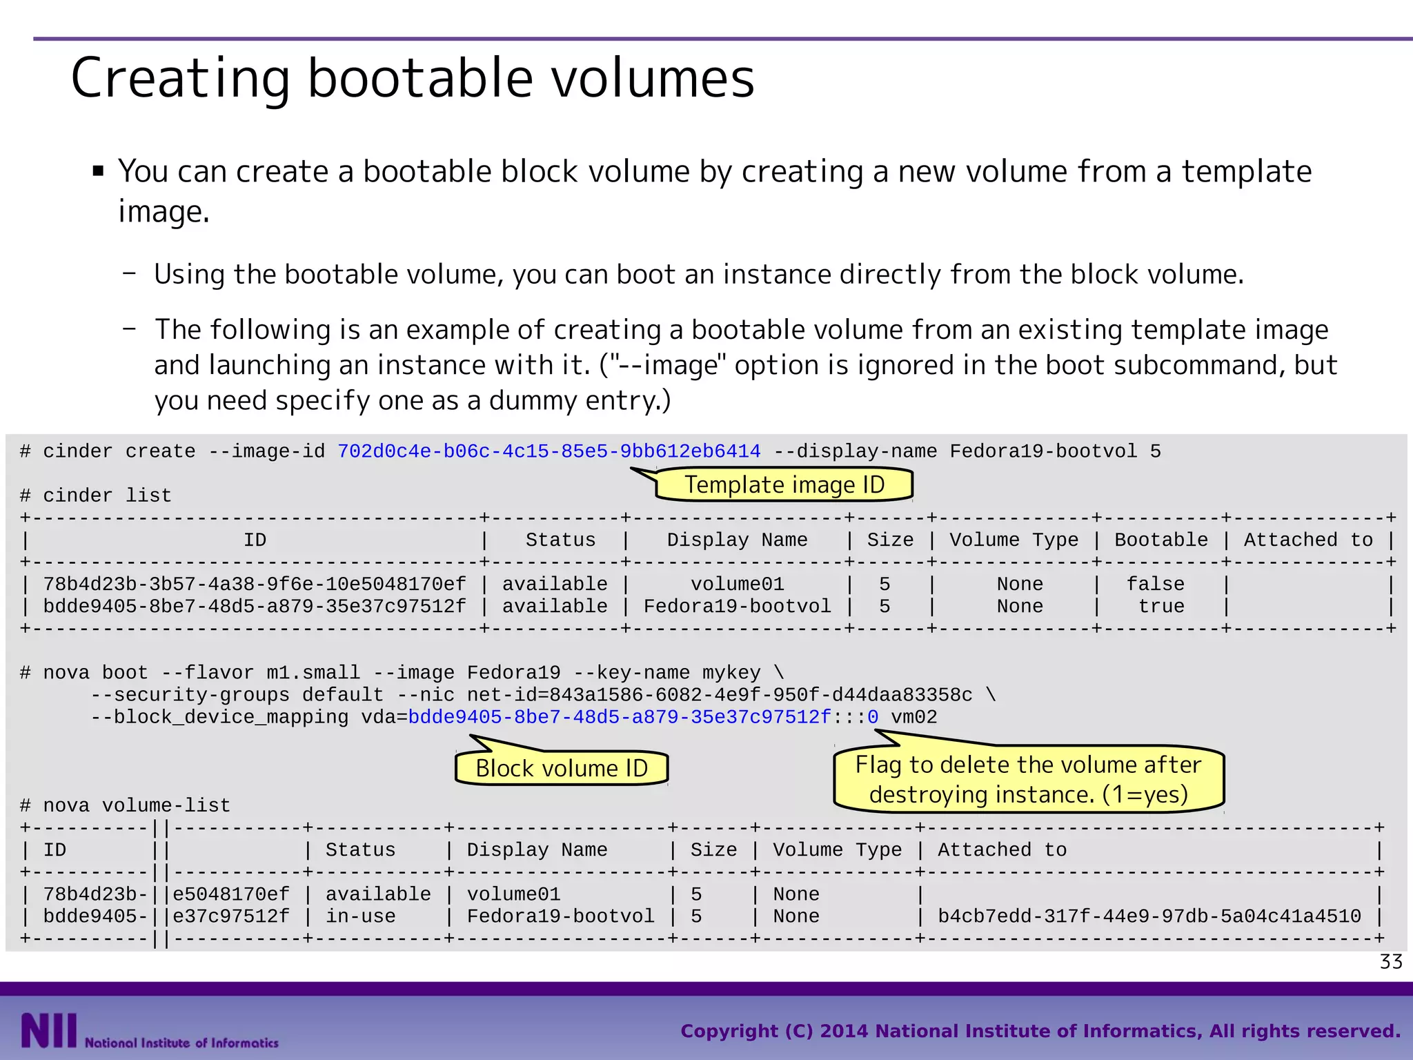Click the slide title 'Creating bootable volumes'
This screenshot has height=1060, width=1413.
(x=413, y=78)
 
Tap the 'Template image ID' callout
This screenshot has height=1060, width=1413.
(x=784, y=484)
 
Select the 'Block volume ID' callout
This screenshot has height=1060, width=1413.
(x=562, y=768)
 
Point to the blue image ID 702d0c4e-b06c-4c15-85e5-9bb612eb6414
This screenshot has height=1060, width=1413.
(x=549, y=452)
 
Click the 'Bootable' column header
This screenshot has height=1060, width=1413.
(x=1161, y=540)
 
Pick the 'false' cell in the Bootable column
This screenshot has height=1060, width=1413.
(x=1155, y=585)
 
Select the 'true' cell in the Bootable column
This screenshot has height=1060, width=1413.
(x=1161, y=607)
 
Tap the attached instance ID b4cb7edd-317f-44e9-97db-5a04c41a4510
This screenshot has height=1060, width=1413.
(x=1149, y=916)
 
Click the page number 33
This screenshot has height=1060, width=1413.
(x=1391, y=962)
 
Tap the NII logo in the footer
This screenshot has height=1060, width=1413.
(x=48, y=1030)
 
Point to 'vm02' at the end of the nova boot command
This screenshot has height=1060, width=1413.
(x=913, y=718)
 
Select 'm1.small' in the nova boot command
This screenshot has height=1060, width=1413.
(x=313, y=673)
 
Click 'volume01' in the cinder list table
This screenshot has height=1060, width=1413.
(x=738, y=585)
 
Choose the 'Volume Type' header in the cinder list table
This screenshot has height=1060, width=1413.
(x=1014, y=540)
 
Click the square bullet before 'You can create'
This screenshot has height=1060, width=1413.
(x=98, y=170)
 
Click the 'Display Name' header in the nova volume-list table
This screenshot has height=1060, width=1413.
(x=537, y=850)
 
